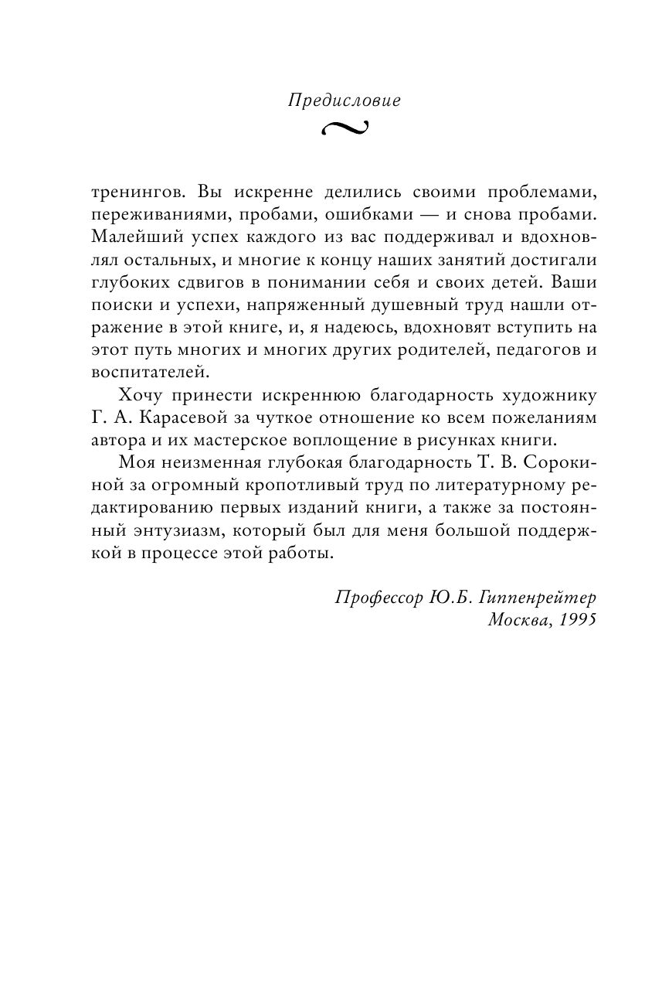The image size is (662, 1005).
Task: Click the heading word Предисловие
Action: point(344,100)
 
